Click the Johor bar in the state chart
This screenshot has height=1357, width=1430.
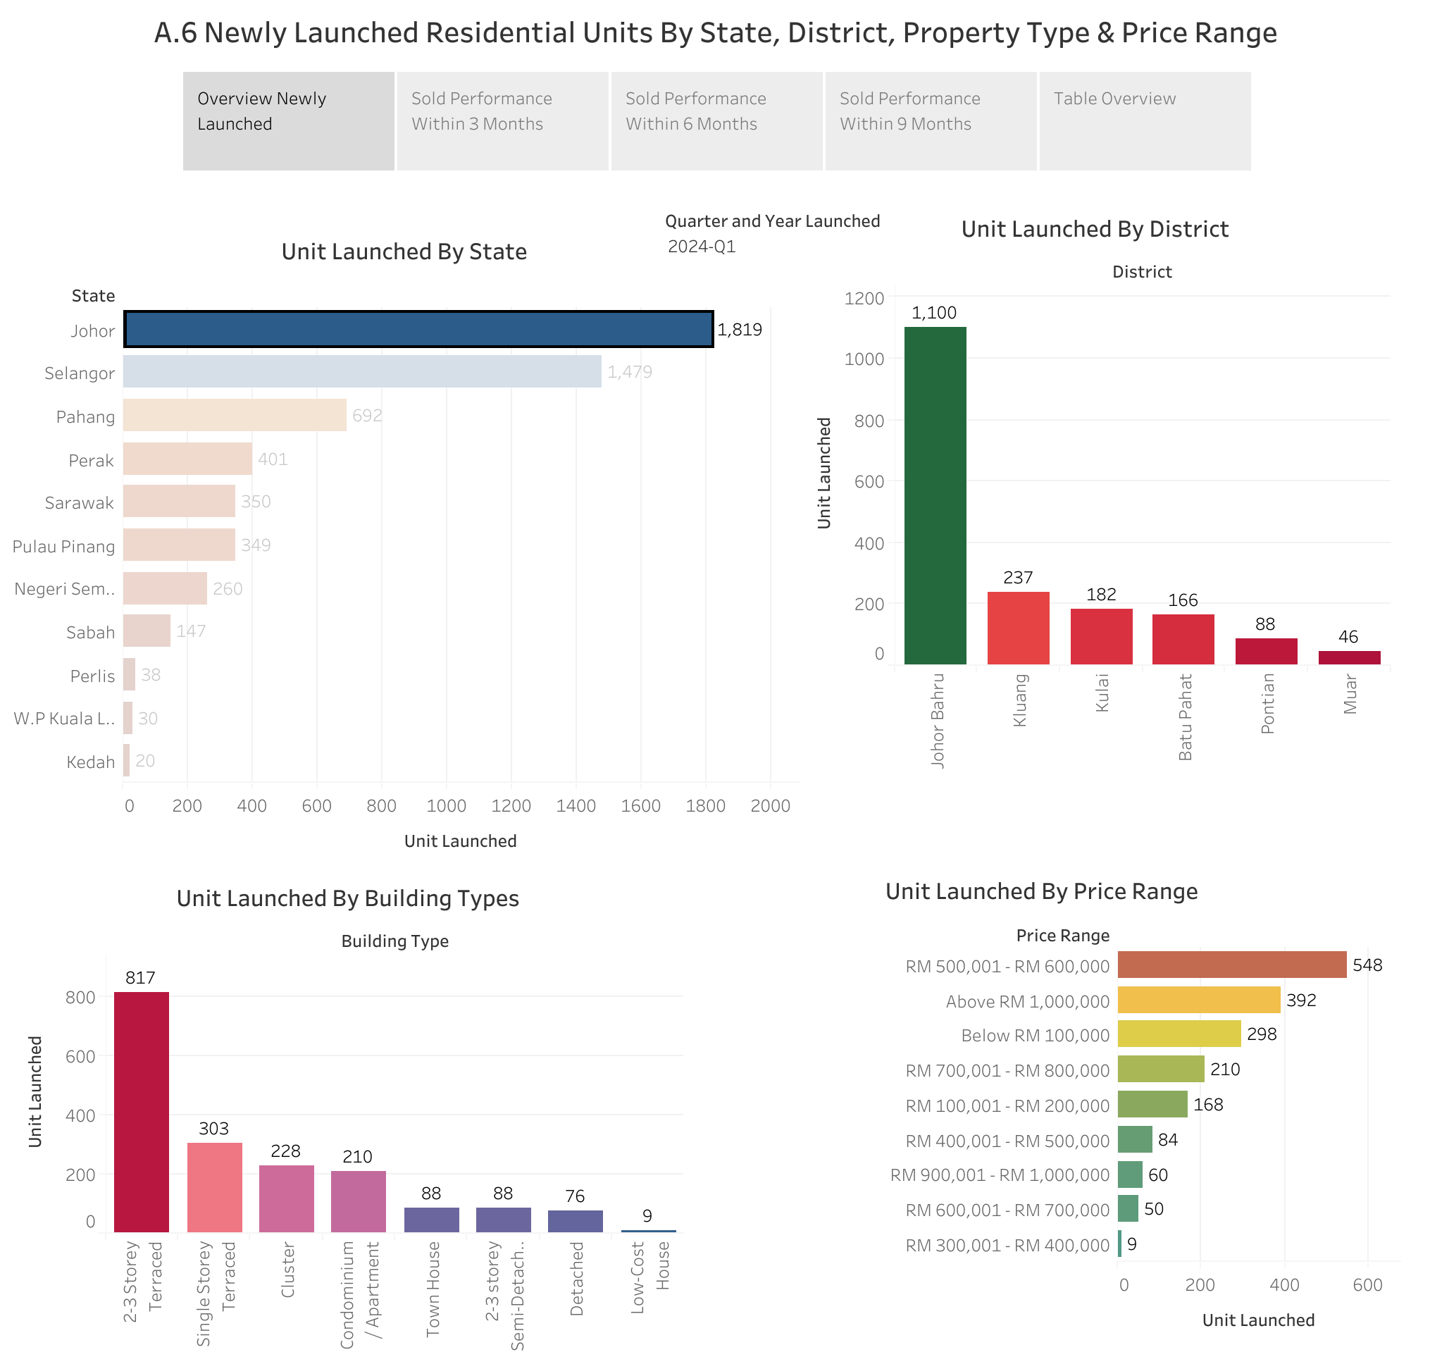[x=418, y=329]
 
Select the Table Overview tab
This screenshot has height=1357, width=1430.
[x=1143, y=120]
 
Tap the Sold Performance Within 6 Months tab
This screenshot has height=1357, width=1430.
[x=716, y=120]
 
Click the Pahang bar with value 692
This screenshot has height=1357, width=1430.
[x=235, y=415]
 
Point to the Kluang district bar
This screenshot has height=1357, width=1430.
[x=1018, y=627]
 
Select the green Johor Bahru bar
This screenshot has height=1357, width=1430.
[x=935, y=495]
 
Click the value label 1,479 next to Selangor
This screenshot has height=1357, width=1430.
[x=629, y=372]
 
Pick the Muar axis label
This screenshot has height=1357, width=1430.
[x=1350, y=694]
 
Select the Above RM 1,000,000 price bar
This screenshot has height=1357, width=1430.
[x=1198, y=1000]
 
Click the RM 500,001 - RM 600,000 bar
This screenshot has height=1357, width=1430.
[x=1231, y=965]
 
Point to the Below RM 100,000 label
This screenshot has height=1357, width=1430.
[x=1034, y=1035]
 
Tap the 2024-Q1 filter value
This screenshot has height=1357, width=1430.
[x=701, y=247]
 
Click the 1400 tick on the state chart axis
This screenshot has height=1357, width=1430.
[x=576, y=806]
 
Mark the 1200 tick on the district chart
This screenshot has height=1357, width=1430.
[x=864, y=298]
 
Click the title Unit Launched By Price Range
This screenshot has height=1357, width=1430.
[x=1041, y=891]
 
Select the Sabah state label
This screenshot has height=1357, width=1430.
[x=90, y=632]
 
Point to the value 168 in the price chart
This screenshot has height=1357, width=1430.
[x=1208, y=1105]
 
